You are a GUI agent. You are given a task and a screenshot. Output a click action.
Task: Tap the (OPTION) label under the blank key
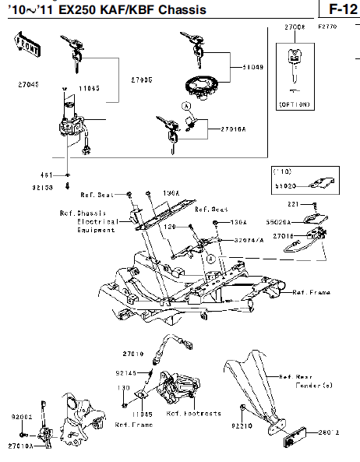295,103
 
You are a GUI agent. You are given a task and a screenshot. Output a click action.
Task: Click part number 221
292,204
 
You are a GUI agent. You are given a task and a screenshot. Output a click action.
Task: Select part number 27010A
22,446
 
